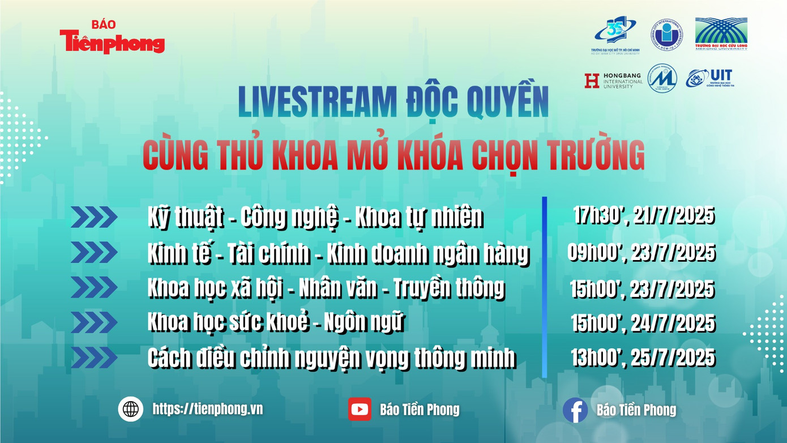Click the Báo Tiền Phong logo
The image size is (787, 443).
point(112,37)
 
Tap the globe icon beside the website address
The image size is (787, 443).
point(131,408)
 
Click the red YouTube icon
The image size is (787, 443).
point(360,409)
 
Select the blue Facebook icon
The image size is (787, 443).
point(575,410)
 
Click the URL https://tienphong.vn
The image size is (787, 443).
point(207,409)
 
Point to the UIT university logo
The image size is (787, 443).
point(709,78)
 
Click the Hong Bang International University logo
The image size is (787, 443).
point(613,80)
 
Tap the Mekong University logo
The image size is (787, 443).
point(721,34)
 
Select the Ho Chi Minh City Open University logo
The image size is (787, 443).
point(617,35)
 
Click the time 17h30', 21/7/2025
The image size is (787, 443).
point(643,216)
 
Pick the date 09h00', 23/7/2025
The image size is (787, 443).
point(641,253)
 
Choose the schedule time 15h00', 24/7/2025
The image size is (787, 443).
point(643,324)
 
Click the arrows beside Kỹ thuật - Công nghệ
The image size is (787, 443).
point(94,217)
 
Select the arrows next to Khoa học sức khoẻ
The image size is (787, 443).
point(94,322)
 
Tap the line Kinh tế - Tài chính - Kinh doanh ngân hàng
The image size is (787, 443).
point(338,254)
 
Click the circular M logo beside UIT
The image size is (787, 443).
point(662,78)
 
